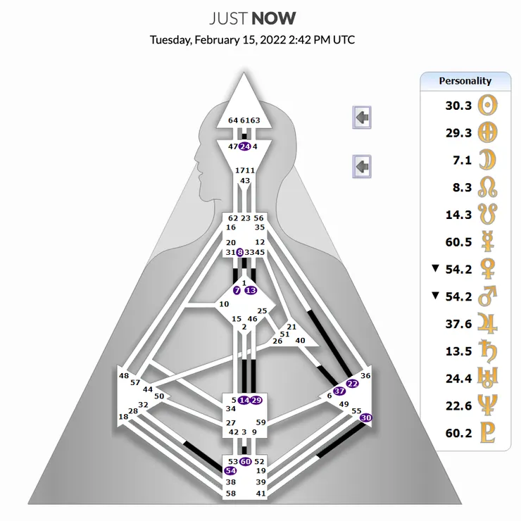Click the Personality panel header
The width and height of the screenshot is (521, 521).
[465, 80]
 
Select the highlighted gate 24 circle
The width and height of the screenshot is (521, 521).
[244, 146]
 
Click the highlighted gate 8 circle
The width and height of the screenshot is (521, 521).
[240, 252]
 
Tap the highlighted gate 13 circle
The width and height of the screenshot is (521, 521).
[251, 290]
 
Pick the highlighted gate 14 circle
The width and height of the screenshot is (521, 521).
[244, 400]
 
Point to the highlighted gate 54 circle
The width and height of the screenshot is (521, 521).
[231, 470]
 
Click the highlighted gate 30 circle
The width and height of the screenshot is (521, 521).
[365, 418]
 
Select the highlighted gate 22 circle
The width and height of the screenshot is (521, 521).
[353, 384]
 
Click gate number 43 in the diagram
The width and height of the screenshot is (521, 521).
[245, 181]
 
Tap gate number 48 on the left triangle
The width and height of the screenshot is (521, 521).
[125, 376]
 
